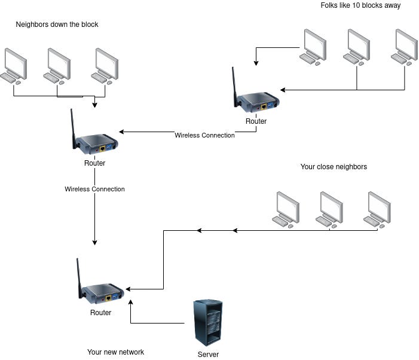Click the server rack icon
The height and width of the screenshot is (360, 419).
(207, 322)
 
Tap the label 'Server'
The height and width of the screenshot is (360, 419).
(208, 355)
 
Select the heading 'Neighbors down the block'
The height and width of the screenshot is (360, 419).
(57, 25)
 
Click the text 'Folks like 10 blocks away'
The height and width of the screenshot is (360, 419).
(360, 5)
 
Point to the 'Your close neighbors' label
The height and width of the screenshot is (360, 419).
(334, 167)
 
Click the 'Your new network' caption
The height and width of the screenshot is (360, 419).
(115, 352)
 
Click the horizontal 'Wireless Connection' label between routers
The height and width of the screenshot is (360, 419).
(204, 135)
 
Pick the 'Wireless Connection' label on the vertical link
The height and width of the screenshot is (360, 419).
(94, 189)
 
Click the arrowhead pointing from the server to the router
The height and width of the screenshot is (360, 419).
(131, 303)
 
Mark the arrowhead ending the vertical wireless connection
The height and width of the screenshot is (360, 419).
(94, 242)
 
